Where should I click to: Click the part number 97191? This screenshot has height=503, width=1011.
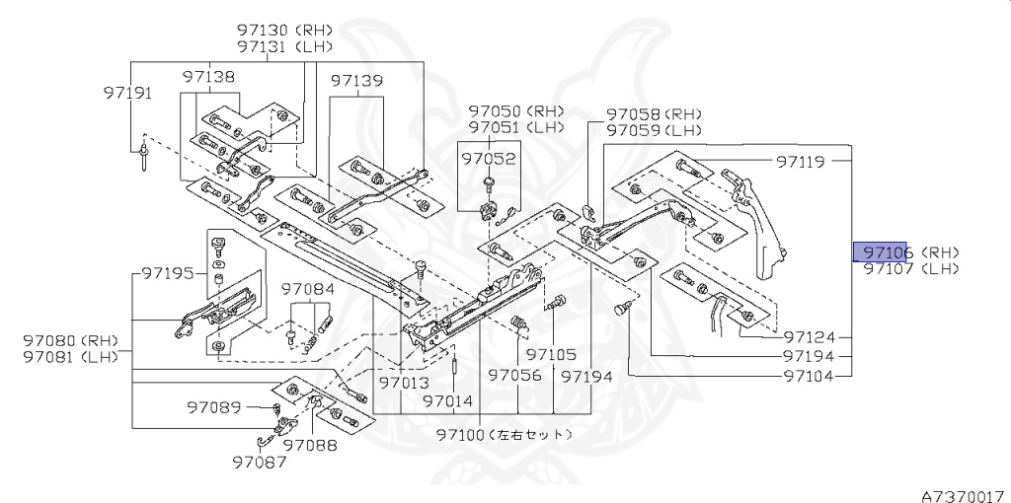click(127, 93)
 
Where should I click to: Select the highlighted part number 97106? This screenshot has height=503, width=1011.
click(888, 252)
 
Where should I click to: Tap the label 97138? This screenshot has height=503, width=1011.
click(208, 76)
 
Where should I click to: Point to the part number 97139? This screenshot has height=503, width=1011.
click(356, 80)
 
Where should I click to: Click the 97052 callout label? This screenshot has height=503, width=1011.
click(492, 158)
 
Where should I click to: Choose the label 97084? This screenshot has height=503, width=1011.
click(307, 289)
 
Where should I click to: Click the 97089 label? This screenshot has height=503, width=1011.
click(213, 406)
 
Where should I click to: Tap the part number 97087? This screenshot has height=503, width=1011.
click(260, 460)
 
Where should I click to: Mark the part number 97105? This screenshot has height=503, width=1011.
click(551, 354)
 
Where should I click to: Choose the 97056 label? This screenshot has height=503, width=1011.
click(515, 376)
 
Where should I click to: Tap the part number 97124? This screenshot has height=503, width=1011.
click(809, 336)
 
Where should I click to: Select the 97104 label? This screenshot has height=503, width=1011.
click(809, 376)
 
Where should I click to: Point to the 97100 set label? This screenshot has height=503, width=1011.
click(504, 434)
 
